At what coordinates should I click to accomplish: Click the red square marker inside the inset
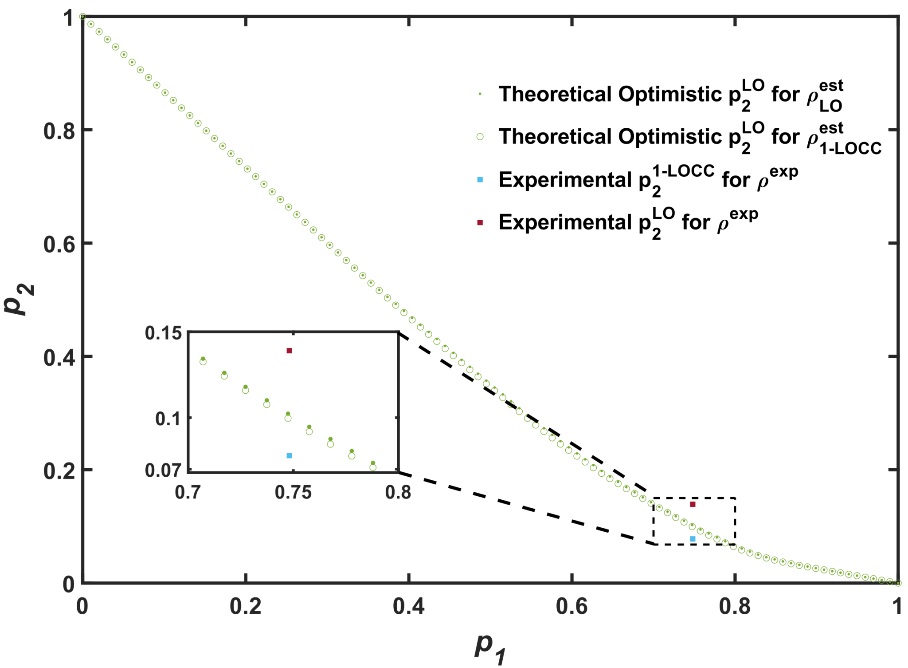[x=290, y=351]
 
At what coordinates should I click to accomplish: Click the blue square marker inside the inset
[x=290, y=455]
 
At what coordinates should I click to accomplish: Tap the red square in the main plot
[x=693, y=504]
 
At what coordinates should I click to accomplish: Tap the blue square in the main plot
[x=693, y=539]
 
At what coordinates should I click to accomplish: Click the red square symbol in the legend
[x=480, y=222]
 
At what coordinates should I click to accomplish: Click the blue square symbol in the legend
[x=480, y=180]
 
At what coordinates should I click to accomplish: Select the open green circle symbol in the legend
[x=480, y=137]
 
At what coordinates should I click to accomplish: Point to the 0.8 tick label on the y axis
[x=62, y=131]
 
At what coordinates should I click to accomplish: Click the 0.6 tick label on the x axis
[x=571, y=606]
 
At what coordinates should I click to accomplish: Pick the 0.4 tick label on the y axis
[x=62, y=358]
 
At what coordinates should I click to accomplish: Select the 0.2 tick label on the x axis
[x=245, y=606]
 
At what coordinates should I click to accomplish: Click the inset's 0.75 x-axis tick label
[x=293, y=493]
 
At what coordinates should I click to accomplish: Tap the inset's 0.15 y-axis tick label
[x=164, y=333]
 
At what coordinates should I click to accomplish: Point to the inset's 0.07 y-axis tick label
[x=164, y=471]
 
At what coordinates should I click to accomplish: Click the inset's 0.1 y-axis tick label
[x=168, y=419]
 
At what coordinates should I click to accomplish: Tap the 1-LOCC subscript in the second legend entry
[x=850, y=148]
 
